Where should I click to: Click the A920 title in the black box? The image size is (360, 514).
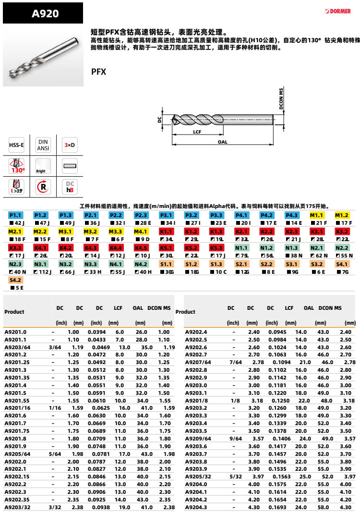45,13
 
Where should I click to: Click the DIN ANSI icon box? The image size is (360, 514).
43,145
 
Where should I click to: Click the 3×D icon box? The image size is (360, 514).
70,145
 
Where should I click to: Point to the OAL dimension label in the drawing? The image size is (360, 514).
222,143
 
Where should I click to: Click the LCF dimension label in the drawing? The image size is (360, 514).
197,131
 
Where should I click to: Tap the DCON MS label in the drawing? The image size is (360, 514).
282,99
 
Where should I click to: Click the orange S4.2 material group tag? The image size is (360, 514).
16,280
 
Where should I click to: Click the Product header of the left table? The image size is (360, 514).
14,312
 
